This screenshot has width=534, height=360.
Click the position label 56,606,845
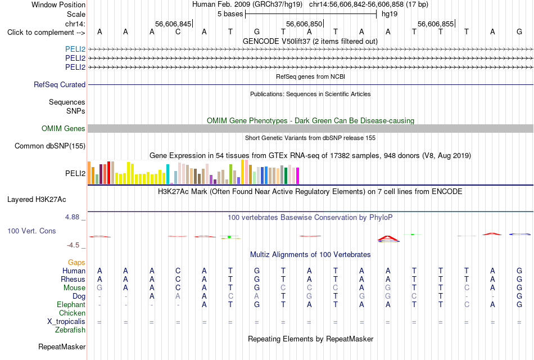[x=173, y=24]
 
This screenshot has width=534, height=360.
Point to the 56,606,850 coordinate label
[x=304, y=24]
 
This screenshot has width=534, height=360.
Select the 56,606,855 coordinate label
[x=436, y=24]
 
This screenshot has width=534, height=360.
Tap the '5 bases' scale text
[x=230, y=14]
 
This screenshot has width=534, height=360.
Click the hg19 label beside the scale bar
[x=390, y=14]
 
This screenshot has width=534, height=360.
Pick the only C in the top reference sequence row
[x=178, y=31]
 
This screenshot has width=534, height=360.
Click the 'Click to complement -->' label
[x=46, y=33]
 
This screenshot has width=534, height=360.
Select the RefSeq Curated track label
[x=60, y=84]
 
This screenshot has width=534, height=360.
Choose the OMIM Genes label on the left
[x=64, y=128]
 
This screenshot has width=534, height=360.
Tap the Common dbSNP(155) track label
[x=50, y=146]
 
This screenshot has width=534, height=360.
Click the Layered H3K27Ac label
[x=37, y=200]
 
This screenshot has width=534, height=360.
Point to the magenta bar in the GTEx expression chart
[x=298, y=176]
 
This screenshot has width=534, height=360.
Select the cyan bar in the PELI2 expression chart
[x=168, y=174]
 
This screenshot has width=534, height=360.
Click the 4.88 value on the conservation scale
[x=72, y=217]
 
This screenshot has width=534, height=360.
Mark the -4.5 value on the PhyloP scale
[x=73, y=245]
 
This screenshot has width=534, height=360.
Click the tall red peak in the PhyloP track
[x=388, y=238]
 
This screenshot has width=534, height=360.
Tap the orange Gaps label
[x=76, y=262]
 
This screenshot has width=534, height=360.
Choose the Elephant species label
[x=71, y=304]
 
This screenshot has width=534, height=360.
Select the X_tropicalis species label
[x=66, y=322]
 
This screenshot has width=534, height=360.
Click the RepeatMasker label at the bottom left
[x=62, y=346]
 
